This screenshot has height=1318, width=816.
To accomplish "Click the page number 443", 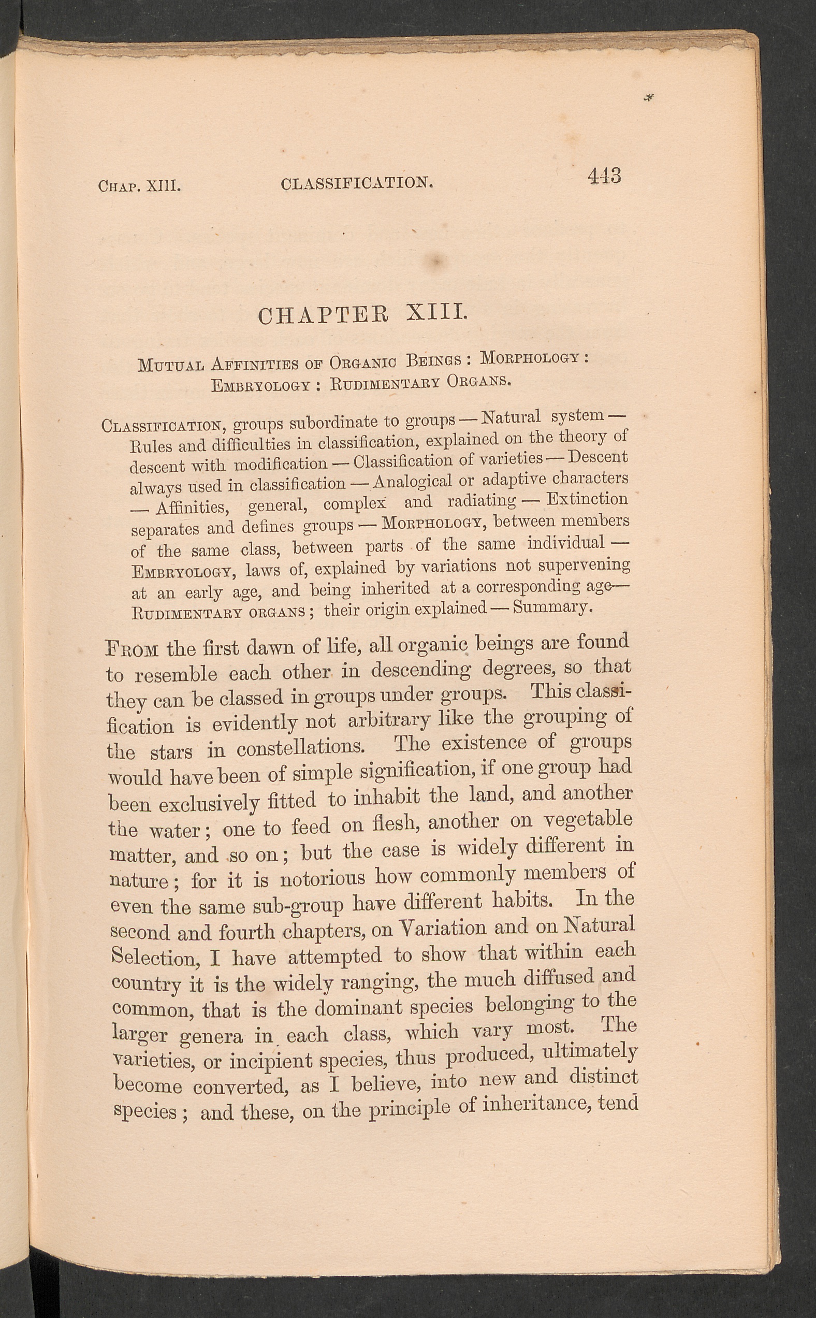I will click(x=604, y=176).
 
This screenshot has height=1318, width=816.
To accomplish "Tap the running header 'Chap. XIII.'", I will click(x=139, y=187).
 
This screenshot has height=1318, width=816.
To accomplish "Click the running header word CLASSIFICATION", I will click(x=357, y=183).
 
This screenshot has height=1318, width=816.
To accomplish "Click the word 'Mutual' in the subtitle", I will click(x=170, y=366).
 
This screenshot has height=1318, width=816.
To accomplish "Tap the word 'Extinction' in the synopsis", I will click(x=587, y=499).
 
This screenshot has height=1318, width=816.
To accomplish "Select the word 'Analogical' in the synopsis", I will click(x=412, y=482).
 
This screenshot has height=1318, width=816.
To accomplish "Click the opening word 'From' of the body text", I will click(x=132, y=648).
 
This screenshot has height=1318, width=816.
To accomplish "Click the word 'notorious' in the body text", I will click(x=322, y=879).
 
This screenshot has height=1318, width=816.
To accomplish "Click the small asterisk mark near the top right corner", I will click(x=649, y=98).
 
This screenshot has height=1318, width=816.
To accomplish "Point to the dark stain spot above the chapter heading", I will click(x=438, y=260).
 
